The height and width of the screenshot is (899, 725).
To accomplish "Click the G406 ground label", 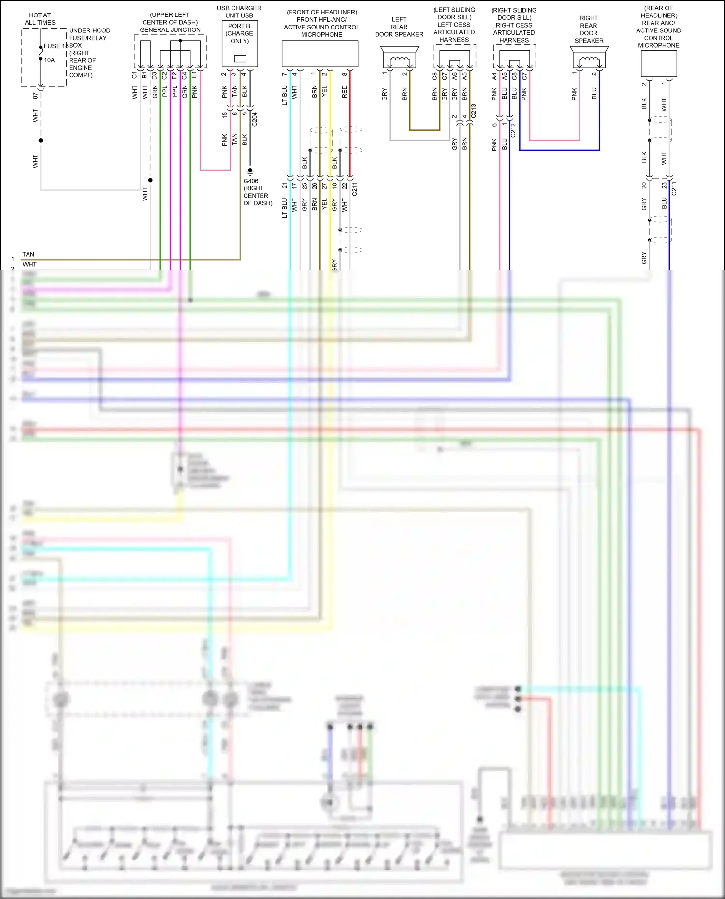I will coord(251,181).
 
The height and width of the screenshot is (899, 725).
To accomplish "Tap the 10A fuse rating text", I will coord(49,60).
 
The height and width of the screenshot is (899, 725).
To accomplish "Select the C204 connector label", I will coord(255,119).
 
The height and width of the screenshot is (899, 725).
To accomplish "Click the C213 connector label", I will coord(474,111).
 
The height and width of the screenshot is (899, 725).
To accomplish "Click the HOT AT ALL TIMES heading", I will coord(40,19).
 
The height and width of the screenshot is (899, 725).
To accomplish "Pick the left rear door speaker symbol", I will coord(399,58).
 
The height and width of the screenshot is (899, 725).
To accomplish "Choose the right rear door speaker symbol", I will coord(589,58).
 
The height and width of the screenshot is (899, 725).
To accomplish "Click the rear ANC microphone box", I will coord(659,64).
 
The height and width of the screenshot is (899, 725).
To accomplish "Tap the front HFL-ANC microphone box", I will coord(320,54).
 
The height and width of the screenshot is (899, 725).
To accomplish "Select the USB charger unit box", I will coord(240,43).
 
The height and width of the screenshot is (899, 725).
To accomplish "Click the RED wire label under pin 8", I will coord(345,92).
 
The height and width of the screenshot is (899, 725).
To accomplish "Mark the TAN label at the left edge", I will coord(29,254).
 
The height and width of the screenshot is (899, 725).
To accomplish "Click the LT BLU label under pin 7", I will coord(285,95).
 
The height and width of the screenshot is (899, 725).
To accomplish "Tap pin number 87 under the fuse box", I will coord(35,96).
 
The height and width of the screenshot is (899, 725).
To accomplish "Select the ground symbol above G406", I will coord(250,171).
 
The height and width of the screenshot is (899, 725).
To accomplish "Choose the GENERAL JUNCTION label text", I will coord(170,30).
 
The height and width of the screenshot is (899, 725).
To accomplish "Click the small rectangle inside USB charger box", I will coord(240,58).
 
